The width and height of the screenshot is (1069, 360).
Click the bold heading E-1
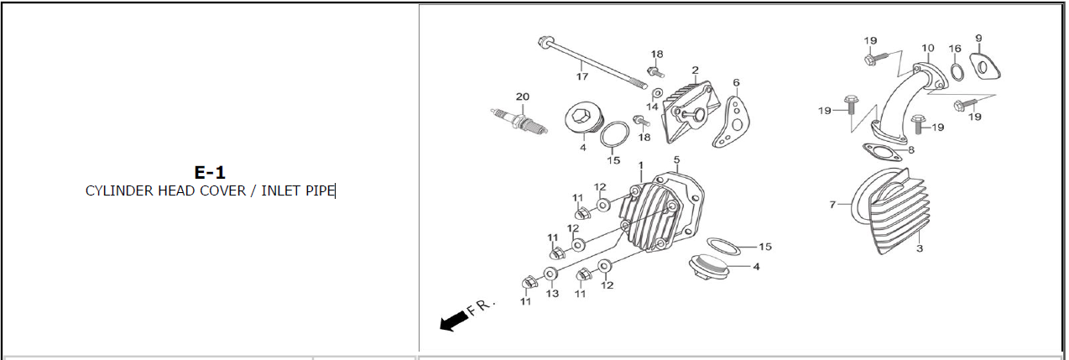click(x=210, y=172)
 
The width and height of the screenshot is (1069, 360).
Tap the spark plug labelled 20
click(x=519, y=122)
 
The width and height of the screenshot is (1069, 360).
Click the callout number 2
click(x=696, y=70)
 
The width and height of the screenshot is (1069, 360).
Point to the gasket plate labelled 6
click(x=732, y=123)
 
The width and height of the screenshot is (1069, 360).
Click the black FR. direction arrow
click(x=453, y=320)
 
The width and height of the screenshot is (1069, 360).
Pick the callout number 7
click(x=832, y=205)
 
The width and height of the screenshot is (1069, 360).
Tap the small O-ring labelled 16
click(x=957, y=71)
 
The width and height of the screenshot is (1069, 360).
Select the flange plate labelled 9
click(x=985, y=67)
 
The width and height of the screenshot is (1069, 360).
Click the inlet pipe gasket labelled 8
click(x=883, y=152)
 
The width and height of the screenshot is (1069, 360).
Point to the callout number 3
click(x=919, y=248)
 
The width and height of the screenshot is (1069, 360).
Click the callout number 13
click(x=552, y=293)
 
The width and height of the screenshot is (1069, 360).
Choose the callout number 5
click(x=676, y=159)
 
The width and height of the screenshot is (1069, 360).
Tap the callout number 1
click(x=641, y=165)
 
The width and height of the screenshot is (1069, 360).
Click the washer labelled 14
click(x=657, y=92)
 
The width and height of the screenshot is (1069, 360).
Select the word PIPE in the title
click(x=320, y=191)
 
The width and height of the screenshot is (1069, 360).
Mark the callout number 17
click(x=581, y=76)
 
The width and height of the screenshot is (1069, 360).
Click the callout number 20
click(x=523, y=97)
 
